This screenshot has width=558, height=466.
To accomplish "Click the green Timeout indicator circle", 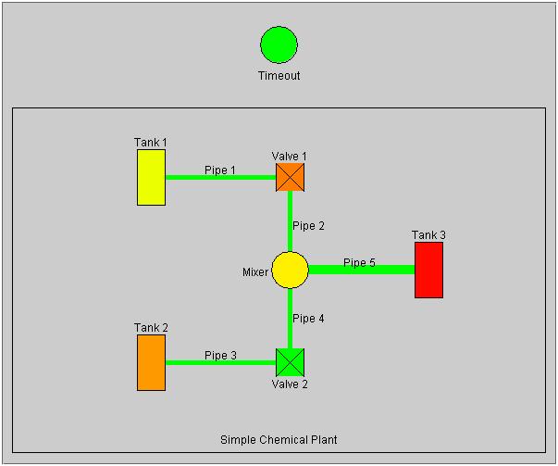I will (279, 45).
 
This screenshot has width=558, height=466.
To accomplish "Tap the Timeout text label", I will (279, 76).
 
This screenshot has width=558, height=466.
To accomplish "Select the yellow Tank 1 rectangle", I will (152, 177).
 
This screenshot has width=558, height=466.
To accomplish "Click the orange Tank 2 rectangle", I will (152, 362).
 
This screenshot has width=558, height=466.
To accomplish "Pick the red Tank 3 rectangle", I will (428, 270).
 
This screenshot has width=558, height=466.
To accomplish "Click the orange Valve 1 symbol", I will (291, 177).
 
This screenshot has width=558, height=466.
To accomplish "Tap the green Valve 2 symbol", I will (291, 362).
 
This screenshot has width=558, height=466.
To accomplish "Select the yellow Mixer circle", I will (290, 270).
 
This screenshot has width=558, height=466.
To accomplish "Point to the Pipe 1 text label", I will (220, 170).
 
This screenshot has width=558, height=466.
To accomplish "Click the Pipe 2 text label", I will (308, 226).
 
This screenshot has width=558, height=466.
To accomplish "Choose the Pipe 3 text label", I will (220, 356).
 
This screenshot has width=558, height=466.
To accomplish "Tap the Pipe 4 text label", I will (308, 319).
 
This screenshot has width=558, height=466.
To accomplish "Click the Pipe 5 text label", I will (359, 263).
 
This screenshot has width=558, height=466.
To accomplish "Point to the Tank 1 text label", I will (151, 143).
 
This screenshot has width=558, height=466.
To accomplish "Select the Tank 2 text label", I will (151, 328).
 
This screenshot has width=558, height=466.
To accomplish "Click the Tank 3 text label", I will (428, 235).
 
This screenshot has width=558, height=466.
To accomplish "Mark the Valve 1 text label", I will (290, 156).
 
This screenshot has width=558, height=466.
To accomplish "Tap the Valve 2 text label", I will (290, 384).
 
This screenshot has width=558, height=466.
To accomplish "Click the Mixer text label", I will (255, 272).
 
